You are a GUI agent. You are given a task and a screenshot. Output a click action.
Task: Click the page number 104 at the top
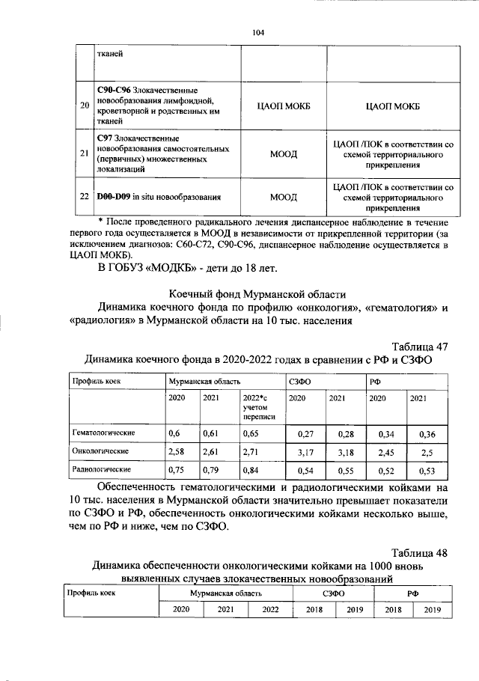pyautogui.click(x=258, y=31)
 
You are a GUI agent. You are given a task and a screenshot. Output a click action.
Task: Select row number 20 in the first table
pyautogui.click(x=84, y=106)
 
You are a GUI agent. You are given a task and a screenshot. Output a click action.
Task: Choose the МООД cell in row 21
pyautogui.click(x=283, y=154)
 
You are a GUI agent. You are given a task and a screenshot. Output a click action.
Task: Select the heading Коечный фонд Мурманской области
pyautogui.click(x=257, y=293)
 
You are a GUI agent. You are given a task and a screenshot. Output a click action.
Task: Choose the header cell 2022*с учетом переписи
pyautogui.click(x=259, y=407)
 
